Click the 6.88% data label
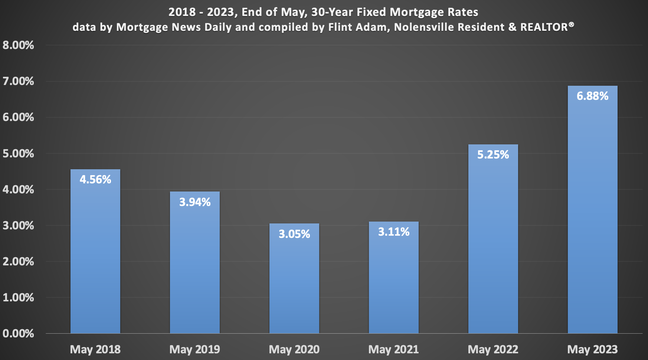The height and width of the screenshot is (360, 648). (592, 96)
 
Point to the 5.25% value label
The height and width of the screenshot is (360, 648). (493, 155)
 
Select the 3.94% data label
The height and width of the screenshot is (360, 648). (195, 202)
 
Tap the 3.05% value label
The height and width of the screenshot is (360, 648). (294, 234)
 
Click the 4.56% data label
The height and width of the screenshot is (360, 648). (95, 180)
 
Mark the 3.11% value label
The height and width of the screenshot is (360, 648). (394, 232)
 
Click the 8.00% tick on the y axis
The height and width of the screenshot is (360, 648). (18, 45)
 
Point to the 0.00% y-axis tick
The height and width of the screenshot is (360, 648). (18, 333)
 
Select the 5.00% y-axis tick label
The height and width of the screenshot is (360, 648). (18, 154)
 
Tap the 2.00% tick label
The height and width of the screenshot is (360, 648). (18, 262)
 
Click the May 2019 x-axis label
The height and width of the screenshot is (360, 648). (195, 349)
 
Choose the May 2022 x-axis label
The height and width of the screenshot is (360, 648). (493, 349)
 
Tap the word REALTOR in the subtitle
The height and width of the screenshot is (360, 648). (544, 27)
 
